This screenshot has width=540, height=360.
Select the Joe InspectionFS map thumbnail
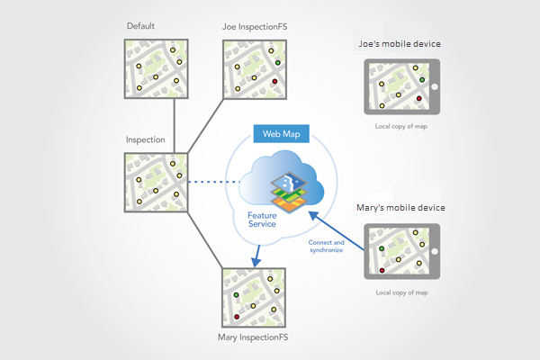click(x=255, y=68)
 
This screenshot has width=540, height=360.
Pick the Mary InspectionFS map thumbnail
click(x=255, y=297)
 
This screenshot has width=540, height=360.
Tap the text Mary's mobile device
click(x=401, y=209)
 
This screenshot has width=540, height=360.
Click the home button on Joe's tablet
click(x=433, y=86)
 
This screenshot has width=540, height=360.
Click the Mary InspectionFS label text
click(x=255, y=338)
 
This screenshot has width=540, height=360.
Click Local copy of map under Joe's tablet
click(x=401, y=126)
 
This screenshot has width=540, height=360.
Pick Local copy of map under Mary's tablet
click(x=401, y=292)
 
